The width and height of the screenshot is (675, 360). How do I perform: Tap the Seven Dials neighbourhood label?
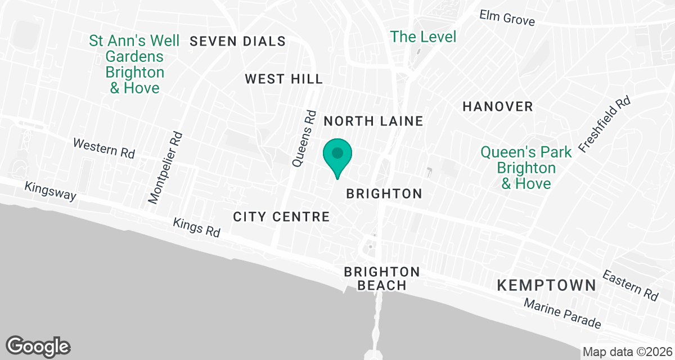coord(238,41)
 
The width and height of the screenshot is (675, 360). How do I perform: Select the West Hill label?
coord(284,79)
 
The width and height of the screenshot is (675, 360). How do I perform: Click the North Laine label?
coord(373,121)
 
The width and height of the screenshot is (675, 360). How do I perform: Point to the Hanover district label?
coord(497,106)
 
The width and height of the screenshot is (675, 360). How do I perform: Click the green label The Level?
coord(424,37)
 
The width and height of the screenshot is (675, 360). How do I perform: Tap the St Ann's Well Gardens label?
coord(134,65)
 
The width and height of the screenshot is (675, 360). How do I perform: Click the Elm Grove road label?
coord(507,18)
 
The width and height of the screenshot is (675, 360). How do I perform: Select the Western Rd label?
coord(104,148)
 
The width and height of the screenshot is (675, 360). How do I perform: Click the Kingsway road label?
coord(50,191)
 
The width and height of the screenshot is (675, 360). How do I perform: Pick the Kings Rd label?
coord(197,227)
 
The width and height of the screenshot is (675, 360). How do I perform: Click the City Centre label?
coord(281,217)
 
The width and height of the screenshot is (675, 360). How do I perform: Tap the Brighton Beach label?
coord(382,279)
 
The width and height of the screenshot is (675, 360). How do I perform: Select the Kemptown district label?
coord(546,285)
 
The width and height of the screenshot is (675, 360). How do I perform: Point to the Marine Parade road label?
coord(562,313)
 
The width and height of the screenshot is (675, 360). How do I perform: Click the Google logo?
coord(38,346)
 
